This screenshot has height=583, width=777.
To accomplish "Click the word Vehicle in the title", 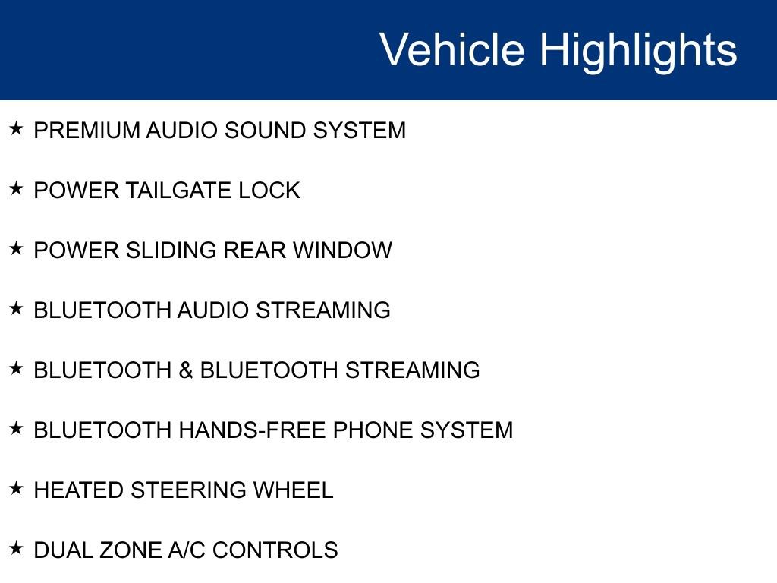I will coord(451,50).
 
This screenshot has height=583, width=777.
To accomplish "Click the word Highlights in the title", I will coord(638,50).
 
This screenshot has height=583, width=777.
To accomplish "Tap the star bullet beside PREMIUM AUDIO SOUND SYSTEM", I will coord(17,129).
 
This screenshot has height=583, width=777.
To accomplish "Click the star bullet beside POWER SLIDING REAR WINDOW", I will coord(17,249).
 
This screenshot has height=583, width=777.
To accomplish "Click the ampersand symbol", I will coord(186,370).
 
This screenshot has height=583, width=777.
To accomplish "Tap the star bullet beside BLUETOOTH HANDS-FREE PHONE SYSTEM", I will coord(17,429).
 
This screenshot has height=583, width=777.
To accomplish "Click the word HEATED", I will coord(79,490).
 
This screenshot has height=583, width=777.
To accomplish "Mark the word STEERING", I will coord(188,490).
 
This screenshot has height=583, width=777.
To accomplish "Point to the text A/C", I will coord(186,550).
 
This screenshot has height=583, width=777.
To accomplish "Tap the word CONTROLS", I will coord(275,550).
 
